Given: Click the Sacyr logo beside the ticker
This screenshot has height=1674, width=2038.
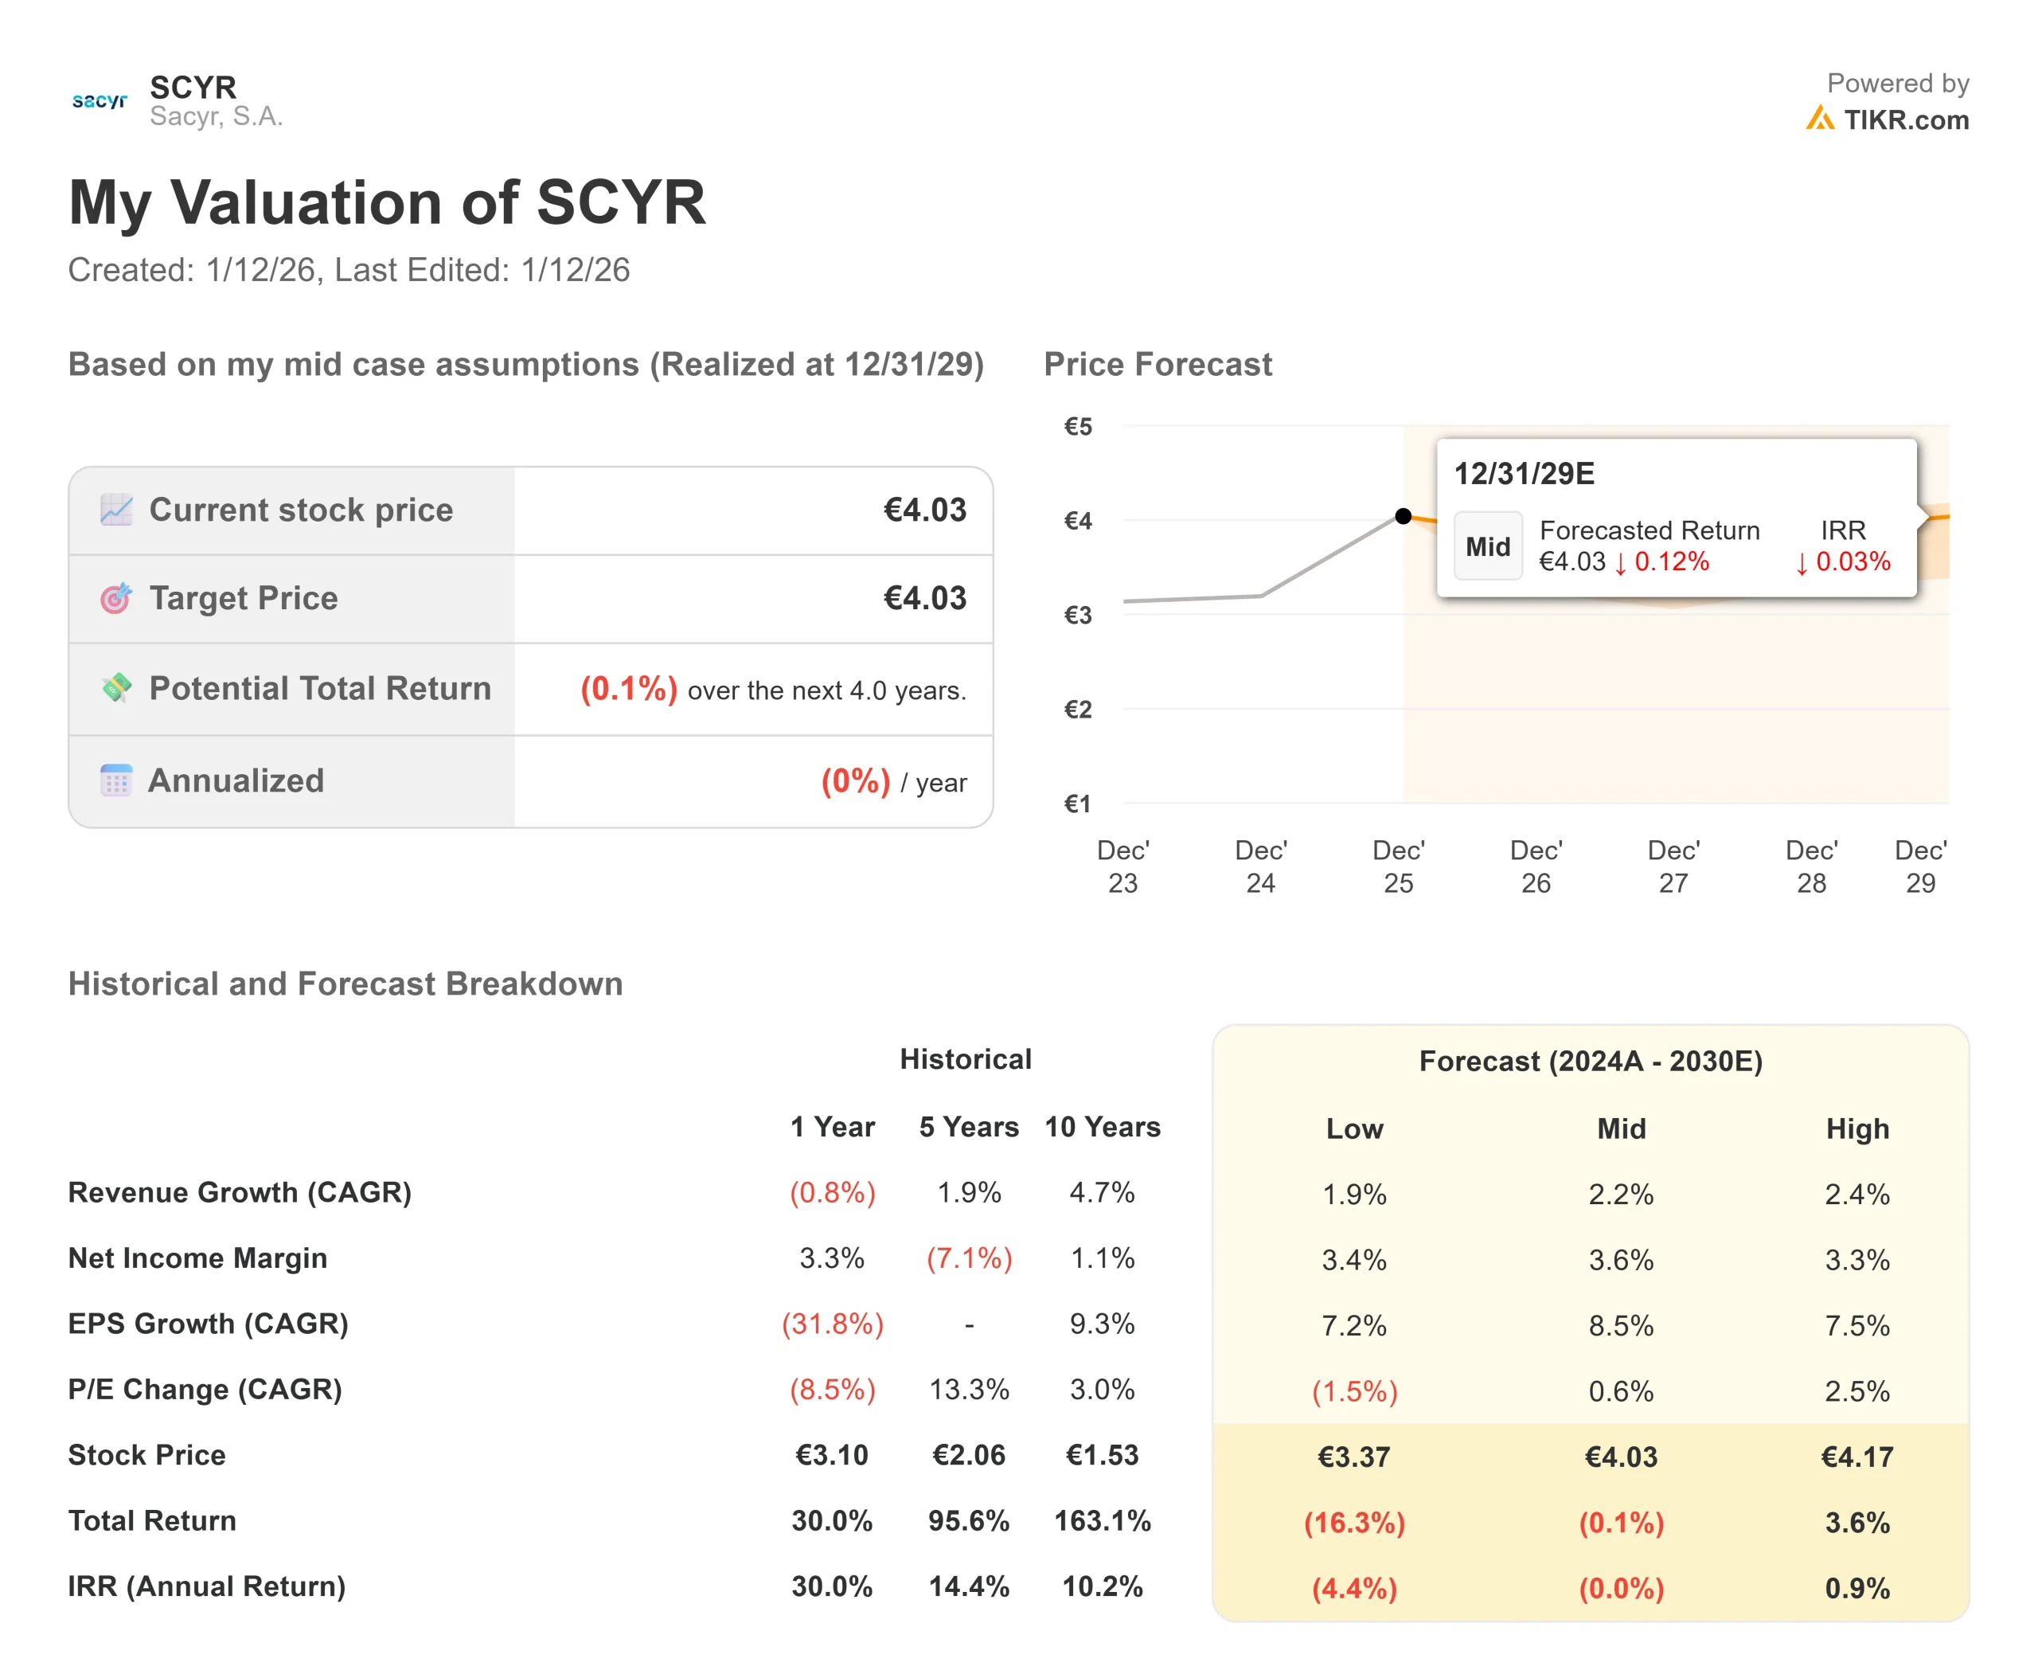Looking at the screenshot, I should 100,100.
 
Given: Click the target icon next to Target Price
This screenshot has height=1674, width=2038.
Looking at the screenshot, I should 115,598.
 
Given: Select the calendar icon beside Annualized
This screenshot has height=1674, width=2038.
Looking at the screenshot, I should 115,780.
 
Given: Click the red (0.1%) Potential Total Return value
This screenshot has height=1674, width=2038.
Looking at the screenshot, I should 629,689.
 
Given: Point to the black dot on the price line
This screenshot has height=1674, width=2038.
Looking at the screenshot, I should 1403,516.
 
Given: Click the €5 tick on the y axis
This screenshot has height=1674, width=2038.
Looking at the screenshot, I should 1078,426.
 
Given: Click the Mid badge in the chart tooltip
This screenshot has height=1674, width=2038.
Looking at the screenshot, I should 1488,547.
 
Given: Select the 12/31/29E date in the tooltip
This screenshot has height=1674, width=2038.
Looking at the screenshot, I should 1523,474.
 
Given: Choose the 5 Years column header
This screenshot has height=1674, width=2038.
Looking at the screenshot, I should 968,1126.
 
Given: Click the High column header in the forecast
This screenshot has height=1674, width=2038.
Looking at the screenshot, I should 1856,1128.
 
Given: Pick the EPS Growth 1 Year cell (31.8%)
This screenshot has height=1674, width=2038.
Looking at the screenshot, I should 832,1323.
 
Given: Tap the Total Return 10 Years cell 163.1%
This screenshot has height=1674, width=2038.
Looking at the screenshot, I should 1102,1520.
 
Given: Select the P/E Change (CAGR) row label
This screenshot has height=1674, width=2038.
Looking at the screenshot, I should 205,1389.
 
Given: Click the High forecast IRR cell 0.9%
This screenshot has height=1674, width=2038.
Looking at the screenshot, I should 1856,1588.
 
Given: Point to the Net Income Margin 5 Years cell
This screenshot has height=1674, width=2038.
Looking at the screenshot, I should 969,1257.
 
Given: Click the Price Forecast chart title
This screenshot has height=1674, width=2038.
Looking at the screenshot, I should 1157,365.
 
